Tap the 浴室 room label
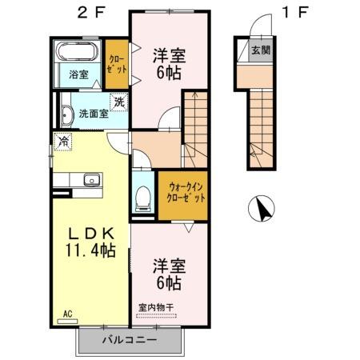coord(78,74)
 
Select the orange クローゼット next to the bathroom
coord(117,64)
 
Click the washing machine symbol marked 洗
coord(118,102)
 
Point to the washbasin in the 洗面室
coord(64,113)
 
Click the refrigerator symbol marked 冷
coord(62,142)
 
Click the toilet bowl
coord(144,196)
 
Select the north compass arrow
coord(260,210)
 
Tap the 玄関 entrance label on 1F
coord(260,50)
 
